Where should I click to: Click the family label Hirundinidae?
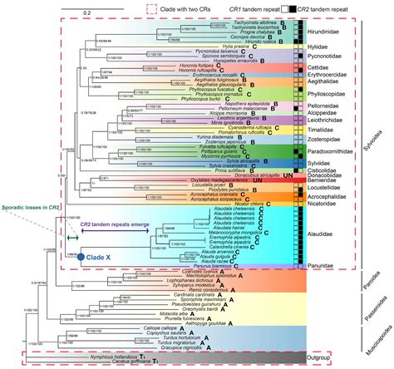[331, 30]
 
